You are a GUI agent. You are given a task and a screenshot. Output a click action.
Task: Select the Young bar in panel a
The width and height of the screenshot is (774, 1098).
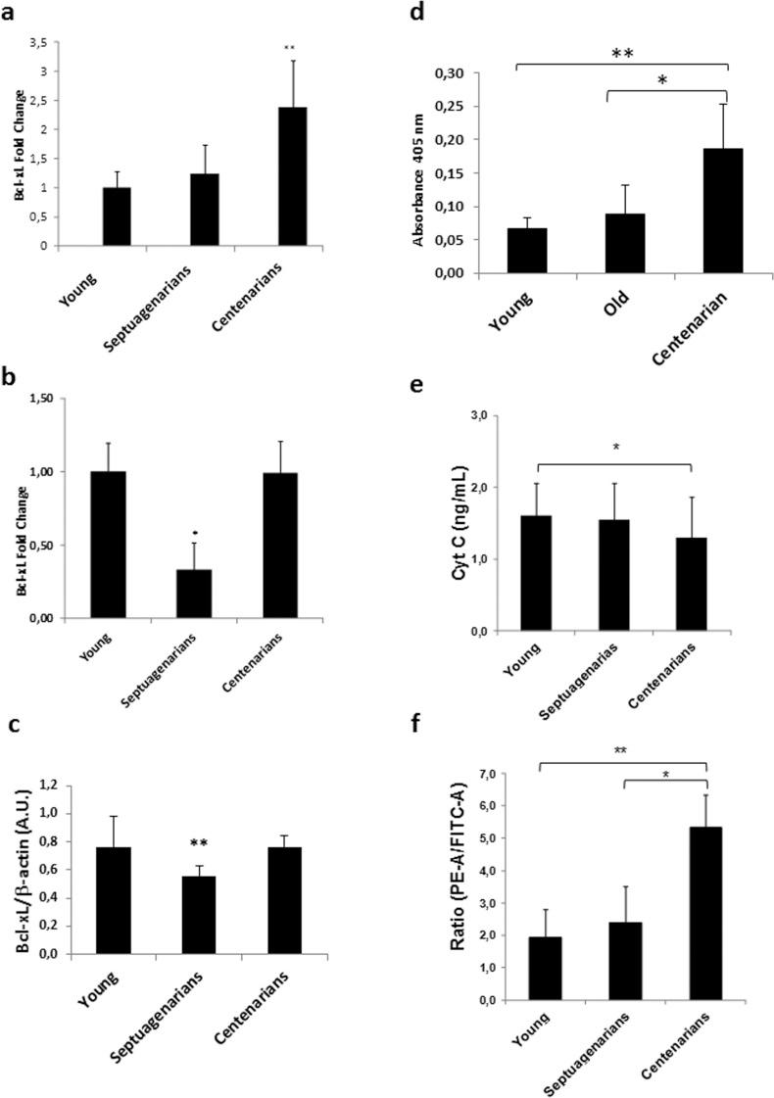coord(117,216)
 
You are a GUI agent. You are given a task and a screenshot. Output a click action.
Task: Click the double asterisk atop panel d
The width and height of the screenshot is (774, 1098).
coord(621,54)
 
